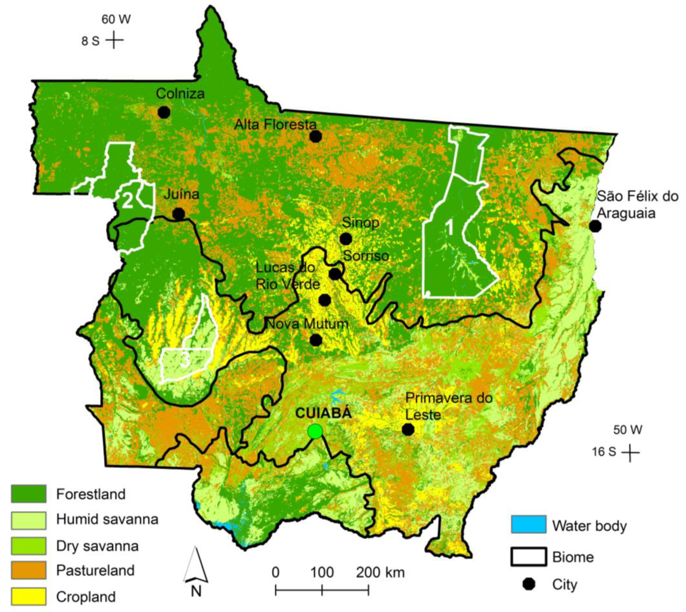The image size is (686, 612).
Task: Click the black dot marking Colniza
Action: coord(164,112)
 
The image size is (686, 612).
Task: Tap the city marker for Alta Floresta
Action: coord(316,136)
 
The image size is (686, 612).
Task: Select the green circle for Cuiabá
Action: coord(315,431)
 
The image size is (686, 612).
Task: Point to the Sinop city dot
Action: coord(346,239)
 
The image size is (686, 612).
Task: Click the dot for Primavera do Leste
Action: coord(408,429)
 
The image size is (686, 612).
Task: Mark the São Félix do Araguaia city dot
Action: coord(595,226)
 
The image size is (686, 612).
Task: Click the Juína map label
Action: coord(182,194)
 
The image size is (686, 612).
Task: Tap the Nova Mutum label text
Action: coord(307,324)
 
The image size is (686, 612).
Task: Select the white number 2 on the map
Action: coord(128,201)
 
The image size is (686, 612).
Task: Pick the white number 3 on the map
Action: coord(185,360)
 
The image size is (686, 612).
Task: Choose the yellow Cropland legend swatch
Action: coord(28,596)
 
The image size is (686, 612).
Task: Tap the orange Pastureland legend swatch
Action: coord(28,570)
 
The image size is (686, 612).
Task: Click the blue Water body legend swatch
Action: coord(529,524)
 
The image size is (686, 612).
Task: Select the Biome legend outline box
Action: coord(529,557)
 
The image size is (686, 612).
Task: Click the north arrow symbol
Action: coord(196,566)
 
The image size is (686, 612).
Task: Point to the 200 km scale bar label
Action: coord(381,572)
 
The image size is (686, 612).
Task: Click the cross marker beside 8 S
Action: coord(115,40)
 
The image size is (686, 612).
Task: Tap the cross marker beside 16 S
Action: coord(630,452)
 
